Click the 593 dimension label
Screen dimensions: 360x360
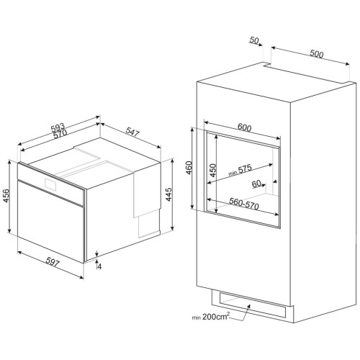tap(58, 127)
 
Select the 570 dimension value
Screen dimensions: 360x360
tap(60, 134)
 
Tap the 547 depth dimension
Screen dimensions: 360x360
tap(132, 132)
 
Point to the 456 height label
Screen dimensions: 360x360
tap(6, 196)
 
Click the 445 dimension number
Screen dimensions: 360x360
tap(169, 194)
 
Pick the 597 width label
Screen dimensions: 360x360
tap(53, 262)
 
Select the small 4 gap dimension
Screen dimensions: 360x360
tap(99, 266)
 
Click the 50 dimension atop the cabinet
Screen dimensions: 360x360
tap(254, 40)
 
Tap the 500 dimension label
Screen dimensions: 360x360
tap(316, 54)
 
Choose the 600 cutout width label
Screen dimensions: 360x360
tap(244, 127)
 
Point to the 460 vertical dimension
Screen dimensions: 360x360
tap(189, 168)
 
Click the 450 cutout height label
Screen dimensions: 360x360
tap(212, 171)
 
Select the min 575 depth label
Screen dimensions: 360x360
tap(240, 170)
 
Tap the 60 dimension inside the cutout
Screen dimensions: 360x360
tap(256, 184)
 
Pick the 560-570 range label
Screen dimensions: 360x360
tap(244, 204)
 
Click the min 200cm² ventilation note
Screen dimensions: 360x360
tap(211, 316)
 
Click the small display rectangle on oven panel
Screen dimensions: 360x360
tap(50, 184)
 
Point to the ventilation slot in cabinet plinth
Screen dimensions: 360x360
tap(253, 305)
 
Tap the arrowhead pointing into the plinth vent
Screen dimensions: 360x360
tap(248, 306)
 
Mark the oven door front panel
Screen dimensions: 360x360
tap(50, 221)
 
